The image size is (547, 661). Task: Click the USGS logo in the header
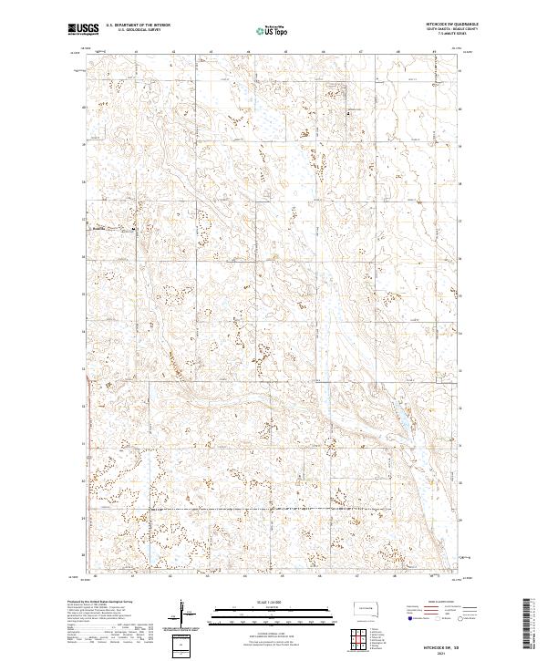(x=83, y=29)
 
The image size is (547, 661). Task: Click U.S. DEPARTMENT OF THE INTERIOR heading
(x=138, y=25)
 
